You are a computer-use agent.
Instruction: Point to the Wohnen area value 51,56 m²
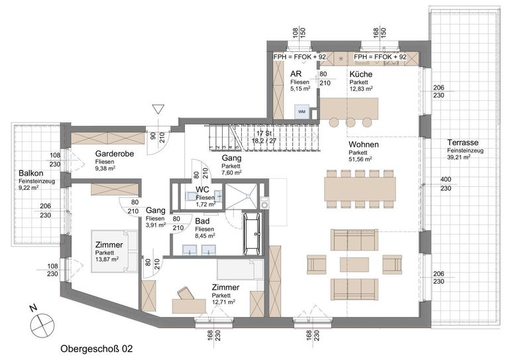coord(361,159)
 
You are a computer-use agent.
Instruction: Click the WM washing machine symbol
coord(302,111)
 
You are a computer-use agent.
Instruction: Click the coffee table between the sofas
coord(354,264)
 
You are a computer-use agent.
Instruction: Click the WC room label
coord(203,189)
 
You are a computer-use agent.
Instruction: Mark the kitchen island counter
coord(349,106)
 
